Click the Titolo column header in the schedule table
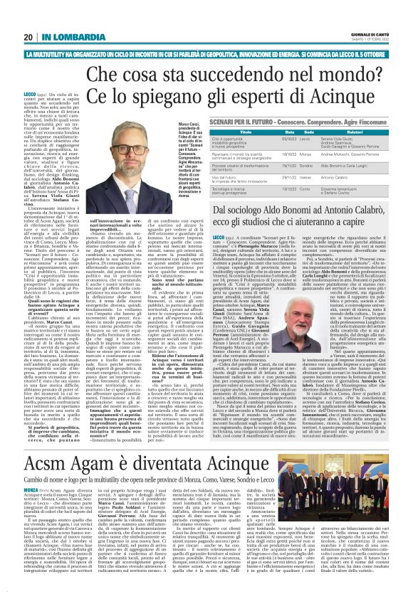(248, 131)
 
